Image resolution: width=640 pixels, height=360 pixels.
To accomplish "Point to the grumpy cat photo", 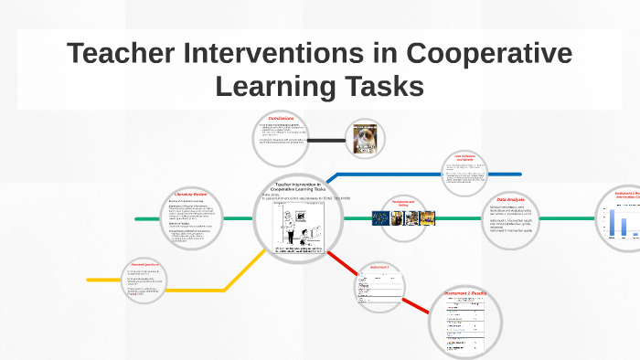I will [365, 139].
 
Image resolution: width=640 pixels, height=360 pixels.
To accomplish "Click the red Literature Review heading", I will [191, 195].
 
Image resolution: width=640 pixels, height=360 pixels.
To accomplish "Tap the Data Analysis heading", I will [510, 198].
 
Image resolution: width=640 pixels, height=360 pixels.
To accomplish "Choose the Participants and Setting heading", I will [403, 203].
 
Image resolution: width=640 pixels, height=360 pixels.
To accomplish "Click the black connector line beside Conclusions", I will [325, 140].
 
